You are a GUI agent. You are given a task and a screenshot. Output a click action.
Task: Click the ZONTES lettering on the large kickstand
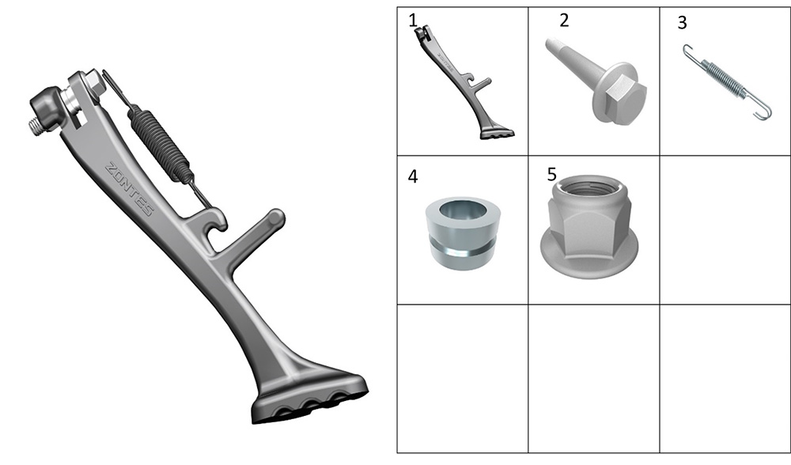click(x=129, y=189)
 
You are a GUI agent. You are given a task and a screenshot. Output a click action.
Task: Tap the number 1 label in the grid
click(x=413, y=21)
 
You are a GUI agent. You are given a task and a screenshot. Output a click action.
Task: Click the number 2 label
click(x=564, y=21)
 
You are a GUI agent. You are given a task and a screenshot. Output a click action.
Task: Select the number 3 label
click(x=682, y=23)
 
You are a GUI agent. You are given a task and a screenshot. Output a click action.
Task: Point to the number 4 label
click(x=413, y=177)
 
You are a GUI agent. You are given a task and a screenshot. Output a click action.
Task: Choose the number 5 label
click(x=552, y=175)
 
